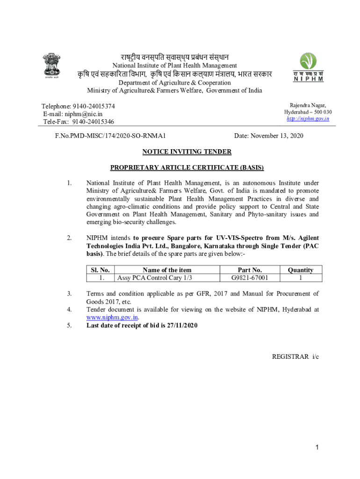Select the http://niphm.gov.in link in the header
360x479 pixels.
(x=308, y=119)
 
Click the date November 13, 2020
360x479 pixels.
(x=277, y=136)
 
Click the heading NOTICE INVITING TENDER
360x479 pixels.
(x=187, y=152)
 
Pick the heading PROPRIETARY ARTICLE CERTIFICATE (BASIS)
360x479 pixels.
(x=187, y=167)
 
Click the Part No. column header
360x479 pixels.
(x=250, y=270)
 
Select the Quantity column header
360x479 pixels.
(x=300, y=270)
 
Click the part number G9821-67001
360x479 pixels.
(x=250, y=277)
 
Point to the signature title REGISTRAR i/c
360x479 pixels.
(x=295, y=357)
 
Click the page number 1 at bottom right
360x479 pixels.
(x=317, y=448)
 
